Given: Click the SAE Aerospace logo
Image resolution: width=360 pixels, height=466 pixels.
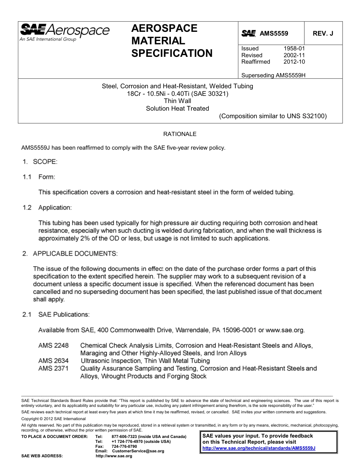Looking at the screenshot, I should point(64,32).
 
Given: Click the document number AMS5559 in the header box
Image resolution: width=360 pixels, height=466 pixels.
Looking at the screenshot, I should point(274,33).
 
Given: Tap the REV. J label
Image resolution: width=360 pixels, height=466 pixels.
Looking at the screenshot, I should point(323,33).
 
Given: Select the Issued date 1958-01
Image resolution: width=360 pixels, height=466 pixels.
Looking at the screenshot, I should point(294,48).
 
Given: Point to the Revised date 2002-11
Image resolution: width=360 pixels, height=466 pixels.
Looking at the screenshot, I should point(294,55).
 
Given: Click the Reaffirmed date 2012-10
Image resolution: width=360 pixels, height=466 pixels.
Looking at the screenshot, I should point(294,62).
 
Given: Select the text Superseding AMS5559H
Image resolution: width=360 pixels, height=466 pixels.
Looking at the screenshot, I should point(273,75).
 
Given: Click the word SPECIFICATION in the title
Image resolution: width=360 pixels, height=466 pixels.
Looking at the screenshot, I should point(172,53).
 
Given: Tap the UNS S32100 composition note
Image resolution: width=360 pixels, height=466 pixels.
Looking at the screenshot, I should point(273,116).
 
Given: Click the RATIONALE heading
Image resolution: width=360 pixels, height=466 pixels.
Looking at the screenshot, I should point(180,134).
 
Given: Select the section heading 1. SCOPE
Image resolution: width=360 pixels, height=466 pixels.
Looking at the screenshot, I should point(40,162).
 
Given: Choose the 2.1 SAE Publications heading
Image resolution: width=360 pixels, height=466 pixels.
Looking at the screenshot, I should point(56,314).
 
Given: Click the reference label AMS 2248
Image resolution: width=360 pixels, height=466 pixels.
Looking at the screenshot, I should point(53,346).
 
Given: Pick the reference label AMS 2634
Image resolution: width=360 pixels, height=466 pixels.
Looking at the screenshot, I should point(53,361).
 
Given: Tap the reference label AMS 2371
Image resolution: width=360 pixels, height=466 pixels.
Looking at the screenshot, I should point(53,368).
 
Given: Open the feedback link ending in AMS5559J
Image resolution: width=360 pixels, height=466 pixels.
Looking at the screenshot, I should point(259,448).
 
